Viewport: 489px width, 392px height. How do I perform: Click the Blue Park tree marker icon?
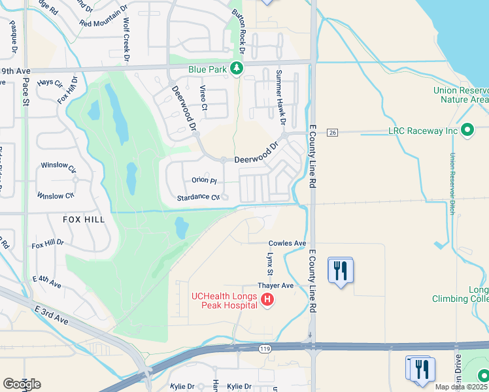[236, 68]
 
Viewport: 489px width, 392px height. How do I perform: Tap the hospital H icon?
[267, 301]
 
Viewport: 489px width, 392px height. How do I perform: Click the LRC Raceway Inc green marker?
[467, 131]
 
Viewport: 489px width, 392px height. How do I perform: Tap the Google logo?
[22, 384]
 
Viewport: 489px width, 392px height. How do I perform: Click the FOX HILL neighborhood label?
[83, 220]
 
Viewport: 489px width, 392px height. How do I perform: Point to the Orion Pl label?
[204, 180]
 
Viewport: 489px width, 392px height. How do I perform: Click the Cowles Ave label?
[288, 243]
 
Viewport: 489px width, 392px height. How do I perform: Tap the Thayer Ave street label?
[276, 286]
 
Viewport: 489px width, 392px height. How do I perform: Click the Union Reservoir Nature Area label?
[460, 95]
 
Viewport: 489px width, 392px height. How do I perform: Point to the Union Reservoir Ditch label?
[452, 184]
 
